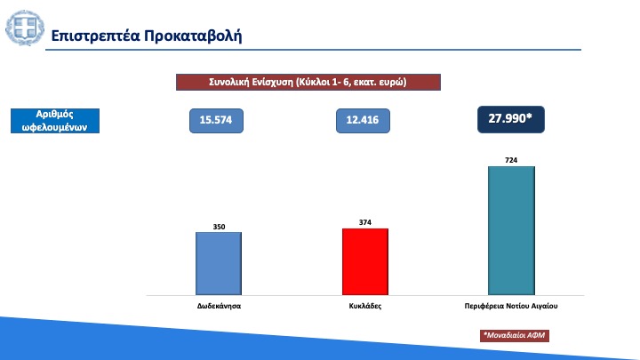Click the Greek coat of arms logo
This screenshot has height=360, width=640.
coord(25,28)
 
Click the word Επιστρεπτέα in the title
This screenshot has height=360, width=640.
coord(95,36)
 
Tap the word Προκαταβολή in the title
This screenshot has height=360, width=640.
coord(193,36)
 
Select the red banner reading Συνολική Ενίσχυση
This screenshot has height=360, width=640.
coord(308,82)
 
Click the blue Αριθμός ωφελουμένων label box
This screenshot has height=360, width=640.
coord(55,121)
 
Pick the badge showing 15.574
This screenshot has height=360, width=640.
coord(216,121)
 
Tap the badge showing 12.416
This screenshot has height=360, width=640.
coord(363,121)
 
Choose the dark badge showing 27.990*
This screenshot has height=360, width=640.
coord(511,120)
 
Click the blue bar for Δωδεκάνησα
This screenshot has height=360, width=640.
coord(219,264)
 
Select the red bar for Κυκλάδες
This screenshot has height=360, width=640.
coord(365,261)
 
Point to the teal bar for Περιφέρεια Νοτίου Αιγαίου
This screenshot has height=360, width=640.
coord(511,230)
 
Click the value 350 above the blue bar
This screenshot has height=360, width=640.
coord(219,227)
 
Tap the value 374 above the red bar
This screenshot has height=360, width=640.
coord(365,222)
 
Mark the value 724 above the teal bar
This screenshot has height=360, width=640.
coord(511,160)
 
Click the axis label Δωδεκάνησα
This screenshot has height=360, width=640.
coord(219,306)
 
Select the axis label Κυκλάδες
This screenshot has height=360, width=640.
coord(365,306)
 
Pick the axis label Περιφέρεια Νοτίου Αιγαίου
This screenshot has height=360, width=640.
coord(511,306)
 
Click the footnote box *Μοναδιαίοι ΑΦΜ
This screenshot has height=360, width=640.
coord(515,335)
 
